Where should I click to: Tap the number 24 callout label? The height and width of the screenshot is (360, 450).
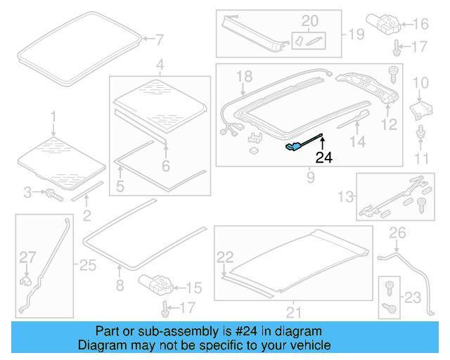pyautogui.click(x=323, y=157)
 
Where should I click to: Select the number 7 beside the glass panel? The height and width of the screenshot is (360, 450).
pyautogui.click(x=159, y=39)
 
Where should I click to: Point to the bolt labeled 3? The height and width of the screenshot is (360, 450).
pyautogui.click(x=53, y=193)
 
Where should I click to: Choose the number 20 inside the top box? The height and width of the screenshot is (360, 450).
pyautogui.click(x=309, y=20)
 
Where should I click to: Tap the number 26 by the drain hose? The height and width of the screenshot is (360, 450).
pyautogui.click(x=397, y=233)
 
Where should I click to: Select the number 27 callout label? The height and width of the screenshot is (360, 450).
pyautogui.click(x=27, y=257)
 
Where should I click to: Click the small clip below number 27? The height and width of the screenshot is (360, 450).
pyautogui.click(x=26, y=281)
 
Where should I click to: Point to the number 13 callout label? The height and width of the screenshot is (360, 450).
pyautogui.click(x=346, y=195)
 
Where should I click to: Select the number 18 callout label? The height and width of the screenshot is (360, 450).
pyautogui.click(x=243, y=76)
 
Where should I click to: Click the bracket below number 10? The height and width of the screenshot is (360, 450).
pyautogui.click(x=420, y=109)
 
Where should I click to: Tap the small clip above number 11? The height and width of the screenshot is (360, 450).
pyautogui.click(x=420, y=132)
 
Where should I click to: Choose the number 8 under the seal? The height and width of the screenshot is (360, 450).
pyautogui.click(x=120, y=285)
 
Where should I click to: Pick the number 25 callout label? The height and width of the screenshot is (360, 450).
pyautogui.click(x=86, y=265)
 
